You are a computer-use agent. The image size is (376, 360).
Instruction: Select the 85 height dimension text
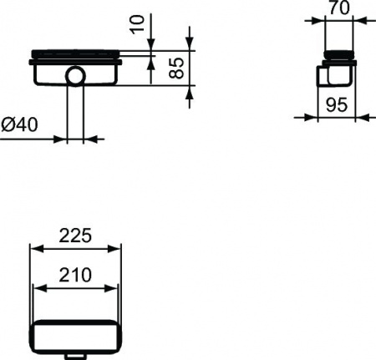pos(175,68)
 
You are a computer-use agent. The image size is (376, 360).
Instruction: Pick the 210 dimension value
pos(75,274)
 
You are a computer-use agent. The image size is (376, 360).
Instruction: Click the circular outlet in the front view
pos(75,79)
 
